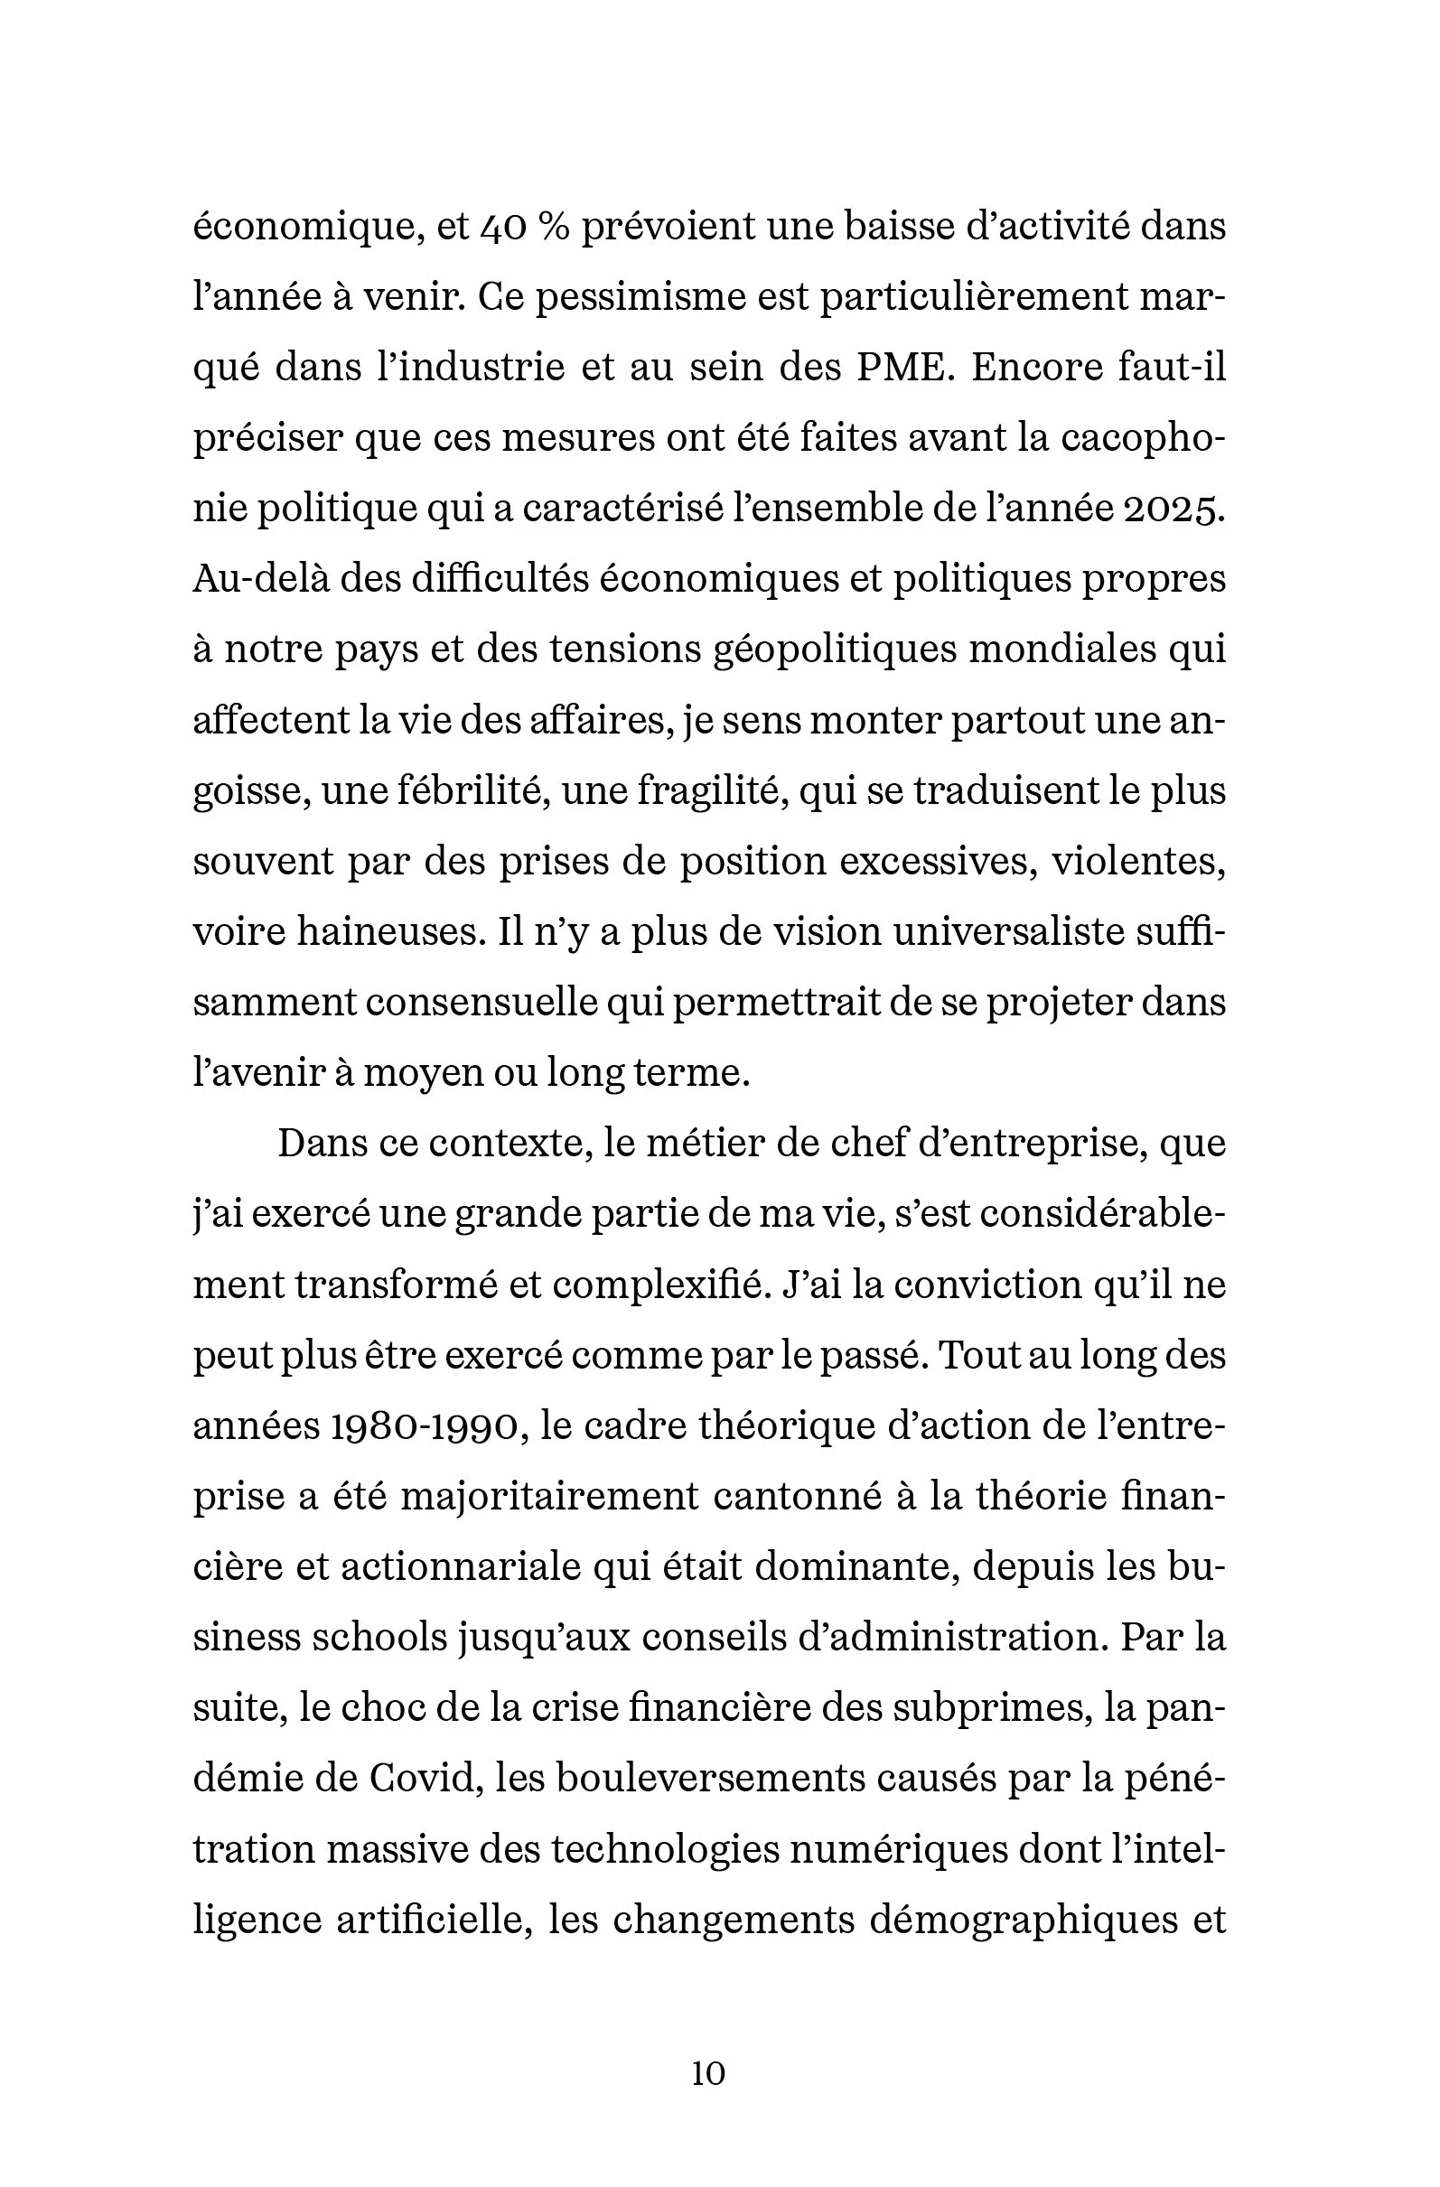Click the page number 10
tap(708, 2073)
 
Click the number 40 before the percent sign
tap(503, 226)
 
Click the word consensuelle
tap(482, 1004)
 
